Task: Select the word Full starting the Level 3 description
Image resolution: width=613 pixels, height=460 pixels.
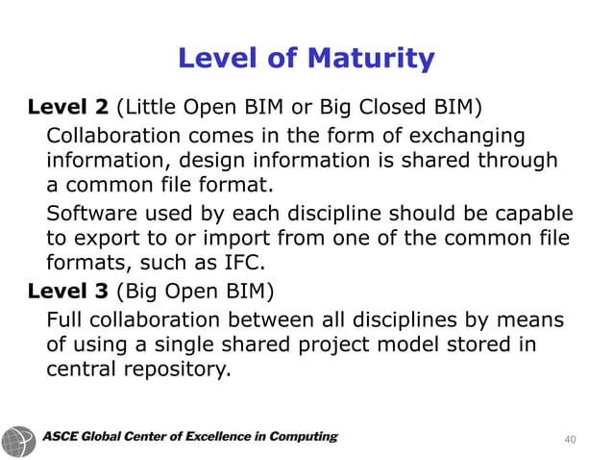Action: [x=64, y=318]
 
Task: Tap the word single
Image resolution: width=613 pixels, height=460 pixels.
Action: [x=201, y=343]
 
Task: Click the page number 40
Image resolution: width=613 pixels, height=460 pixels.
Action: [x=570, y=439]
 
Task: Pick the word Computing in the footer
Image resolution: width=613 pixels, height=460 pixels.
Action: [x=304, y=438]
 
